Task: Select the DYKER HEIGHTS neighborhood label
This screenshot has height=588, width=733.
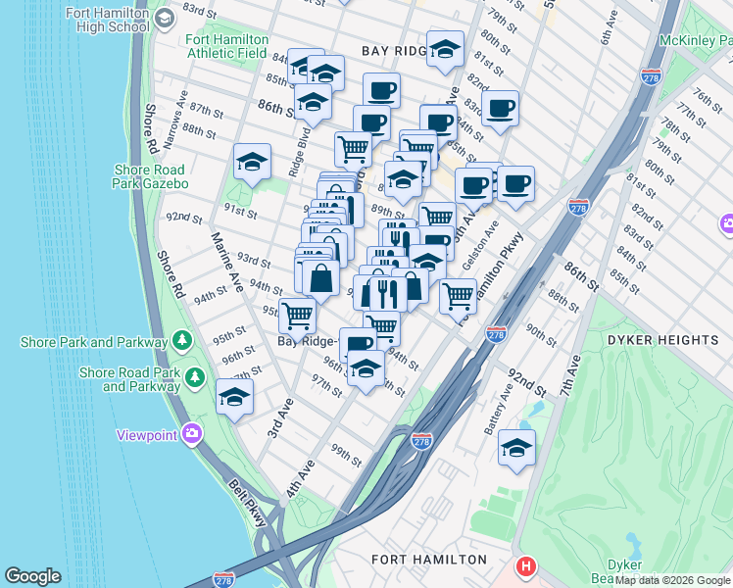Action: tap(662, 340)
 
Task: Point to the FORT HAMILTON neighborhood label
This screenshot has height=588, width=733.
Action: tap(429, 560)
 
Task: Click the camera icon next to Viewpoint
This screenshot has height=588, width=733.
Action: tap(193, 433)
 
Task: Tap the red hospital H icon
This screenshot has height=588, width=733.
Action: tap(526, 566)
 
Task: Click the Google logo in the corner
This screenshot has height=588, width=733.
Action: tap(32, 576)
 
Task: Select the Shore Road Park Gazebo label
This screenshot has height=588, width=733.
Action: tap(150, 176)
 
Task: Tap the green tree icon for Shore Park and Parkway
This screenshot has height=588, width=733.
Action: tap(181, 341)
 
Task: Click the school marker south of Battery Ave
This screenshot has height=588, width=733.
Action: tap(516, 448)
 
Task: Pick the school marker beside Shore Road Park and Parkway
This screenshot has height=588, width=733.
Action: tap(234, 397)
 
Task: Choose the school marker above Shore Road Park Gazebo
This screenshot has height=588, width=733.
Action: tap(252, 162)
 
